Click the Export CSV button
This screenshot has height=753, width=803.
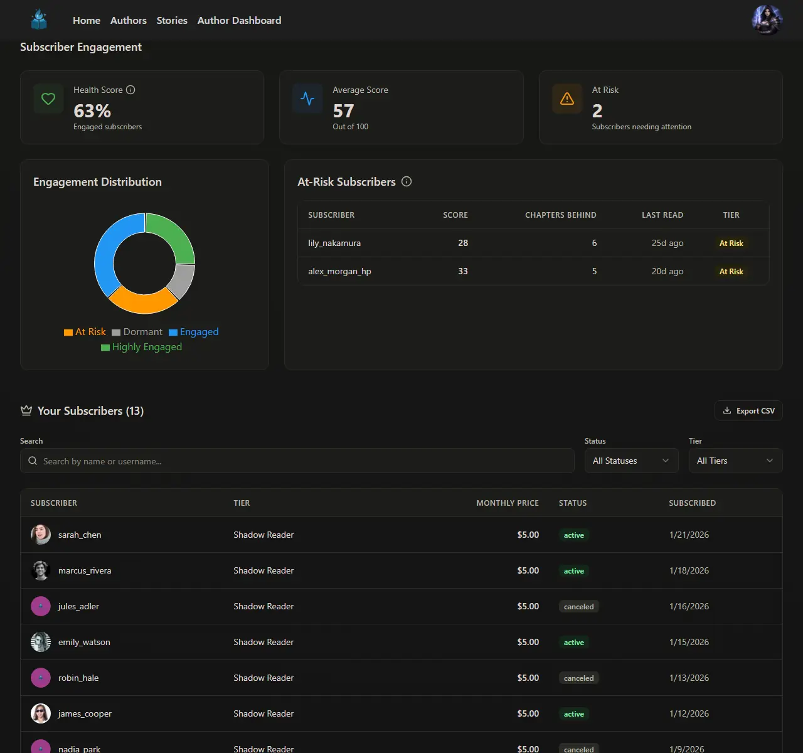[x=748, y=411]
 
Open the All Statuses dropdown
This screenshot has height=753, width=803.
[x=630, y=461]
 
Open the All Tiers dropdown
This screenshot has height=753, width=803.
[x=735, y=461]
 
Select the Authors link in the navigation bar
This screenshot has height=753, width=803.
[x=128, y=21]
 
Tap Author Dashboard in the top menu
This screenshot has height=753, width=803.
[x=239, y=21]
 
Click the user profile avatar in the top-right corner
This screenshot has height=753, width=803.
[x=767, y=20]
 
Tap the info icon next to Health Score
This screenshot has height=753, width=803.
[x=130, y=90]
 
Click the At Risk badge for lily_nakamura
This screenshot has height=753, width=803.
[x=731, y=243]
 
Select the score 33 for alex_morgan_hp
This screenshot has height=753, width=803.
[x=463, y=272]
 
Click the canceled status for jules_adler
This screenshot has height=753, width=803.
[x=578, y=607]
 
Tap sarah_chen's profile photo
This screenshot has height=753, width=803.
[x=41, y=535]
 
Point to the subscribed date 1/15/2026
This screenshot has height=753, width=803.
[x=689, y=643]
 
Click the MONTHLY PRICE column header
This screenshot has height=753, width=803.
[x=507, y=503]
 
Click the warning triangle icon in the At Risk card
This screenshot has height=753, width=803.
[x=566, y=99]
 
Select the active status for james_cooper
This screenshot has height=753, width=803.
[x=573, y=714]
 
